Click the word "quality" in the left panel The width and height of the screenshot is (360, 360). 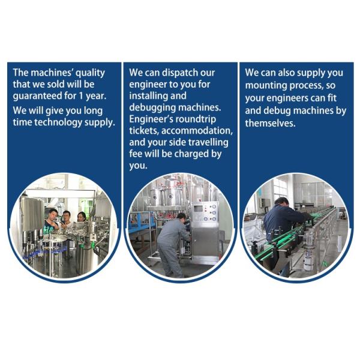click(x=90, y=73)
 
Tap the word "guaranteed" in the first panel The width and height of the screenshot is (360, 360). click(x=37, y=96)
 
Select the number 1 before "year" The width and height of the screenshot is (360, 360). click(x=80, y=95)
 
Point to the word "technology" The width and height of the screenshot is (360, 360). click(x=58, y=122)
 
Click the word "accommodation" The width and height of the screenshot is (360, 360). click(x=197, y=131)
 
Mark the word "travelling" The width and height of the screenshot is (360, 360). click(x=208, y=143)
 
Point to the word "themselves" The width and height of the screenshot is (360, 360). click(x=270, y=123)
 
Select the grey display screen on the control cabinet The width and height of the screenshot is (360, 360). click(x=198, y=209)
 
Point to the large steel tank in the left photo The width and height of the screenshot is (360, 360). click(x=32, y=214)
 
